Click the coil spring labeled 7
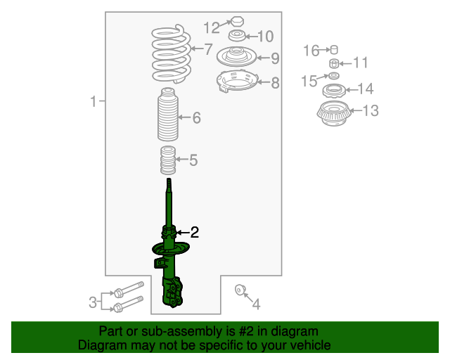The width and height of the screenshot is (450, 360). click(172, 53)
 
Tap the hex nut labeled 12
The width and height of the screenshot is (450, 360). click(238, 21)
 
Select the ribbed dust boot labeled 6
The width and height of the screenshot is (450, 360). click(168, 115)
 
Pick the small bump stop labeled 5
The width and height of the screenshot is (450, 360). click(168, 160)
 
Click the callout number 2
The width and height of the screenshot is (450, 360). click(194, 232)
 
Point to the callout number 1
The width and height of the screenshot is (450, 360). click(94, 101)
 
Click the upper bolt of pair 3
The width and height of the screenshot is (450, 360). click(129, 289)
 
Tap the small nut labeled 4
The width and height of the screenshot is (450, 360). click(240, 290)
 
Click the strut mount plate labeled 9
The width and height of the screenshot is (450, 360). click(236, 56)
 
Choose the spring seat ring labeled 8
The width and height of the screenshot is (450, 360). click(238, 82)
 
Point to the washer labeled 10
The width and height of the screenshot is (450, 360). click(237, 36)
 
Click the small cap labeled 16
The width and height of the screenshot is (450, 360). click(334, 50)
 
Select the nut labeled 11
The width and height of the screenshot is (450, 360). click(334, 63)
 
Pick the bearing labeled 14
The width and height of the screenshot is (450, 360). click(334, 91)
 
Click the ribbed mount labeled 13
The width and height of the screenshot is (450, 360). click(334, 113)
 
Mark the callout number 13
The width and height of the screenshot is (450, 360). click(371, 110)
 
